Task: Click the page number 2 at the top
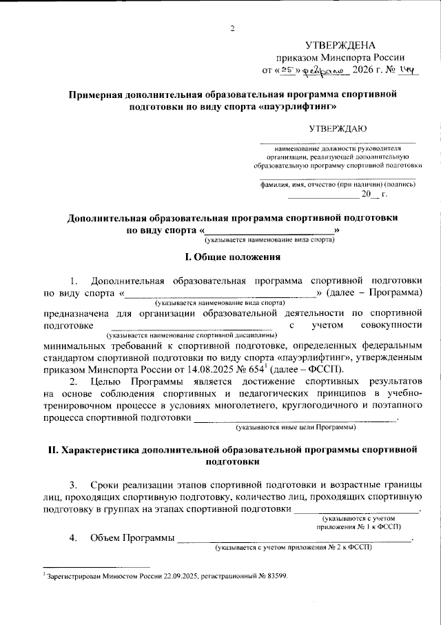(232, 28)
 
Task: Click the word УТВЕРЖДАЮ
(338, 128)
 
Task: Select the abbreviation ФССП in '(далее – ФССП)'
(320, 368)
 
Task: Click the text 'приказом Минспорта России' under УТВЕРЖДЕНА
(339, 58)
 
